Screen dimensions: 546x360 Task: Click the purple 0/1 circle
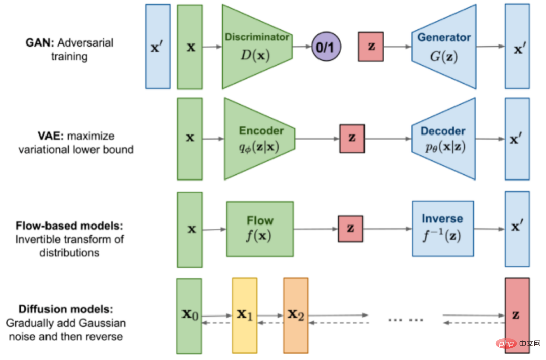[326, 47]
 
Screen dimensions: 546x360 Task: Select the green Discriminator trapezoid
[257, 47]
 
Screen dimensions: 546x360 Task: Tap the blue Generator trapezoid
[444, 47]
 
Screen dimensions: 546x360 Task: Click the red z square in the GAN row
[371, 47]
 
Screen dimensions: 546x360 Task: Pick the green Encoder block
[259, 139]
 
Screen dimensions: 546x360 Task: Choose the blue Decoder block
[443, 139]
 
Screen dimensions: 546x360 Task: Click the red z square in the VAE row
[352, 139]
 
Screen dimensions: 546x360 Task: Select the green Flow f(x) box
[260, 229]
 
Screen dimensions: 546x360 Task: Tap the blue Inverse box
[442, 229]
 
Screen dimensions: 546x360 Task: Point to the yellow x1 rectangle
[245, 316]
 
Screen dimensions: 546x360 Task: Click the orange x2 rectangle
[296, 316]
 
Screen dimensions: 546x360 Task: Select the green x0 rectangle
[189, 316]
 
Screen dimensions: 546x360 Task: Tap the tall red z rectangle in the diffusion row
[517, 316]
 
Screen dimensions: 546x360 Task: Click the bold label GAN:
[40, 43]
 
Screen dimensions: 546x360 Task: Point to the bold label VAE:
[51, 136]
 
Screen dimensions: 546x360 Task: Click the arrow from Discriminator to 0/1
[302, 47]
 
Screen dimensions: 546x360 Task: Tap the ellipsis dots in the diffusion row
[405, 319]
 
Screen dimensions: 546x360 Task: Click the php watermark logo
[507, 344]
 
